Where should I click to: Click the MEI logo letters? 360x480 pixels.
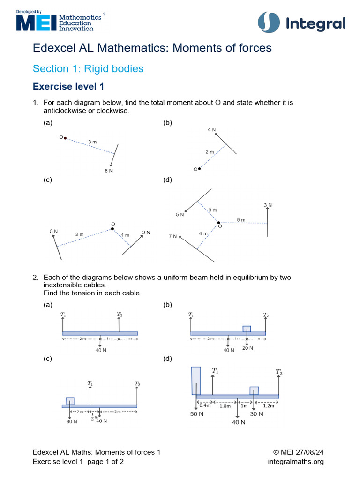point(37,22)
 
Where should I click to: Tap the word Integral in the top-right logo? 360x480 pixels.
point(315,24)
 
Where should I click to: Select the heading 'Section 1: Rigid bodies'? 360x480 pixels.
point(88,69)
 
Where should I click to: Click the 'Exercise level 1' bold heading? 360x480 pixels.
point(68,87)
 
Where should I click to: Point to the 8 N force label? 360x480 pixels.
point(109,171)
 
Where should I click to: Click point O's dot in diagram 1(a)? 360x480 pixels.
point(65,138)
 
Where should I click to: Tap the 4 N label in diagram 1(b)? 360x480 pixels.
point(211,129)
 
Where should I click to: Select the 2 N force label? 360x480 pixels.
point(146,232)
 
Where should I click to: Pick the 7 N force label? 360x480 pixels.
point(173,237)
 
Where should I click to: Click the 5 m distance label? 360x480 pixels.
point(241,220)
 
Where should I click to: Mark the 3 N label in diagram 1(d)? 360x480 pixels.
point(268,205)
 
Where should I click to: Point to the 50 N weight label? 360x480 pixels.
point(196,414)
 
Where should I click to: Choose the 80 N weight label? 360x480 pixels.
point(72,421)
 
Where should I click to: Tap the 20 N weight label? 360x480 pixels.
point(247,348)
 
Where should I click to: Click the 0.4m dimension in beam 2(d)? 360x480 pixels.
point(205,405)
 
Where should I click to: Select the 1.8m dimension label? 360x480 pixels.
point(225,405)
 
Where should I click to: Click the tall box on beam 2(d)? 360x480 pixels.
point(195,380)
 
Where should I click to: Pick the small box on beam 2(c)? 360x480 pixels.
point(70,401)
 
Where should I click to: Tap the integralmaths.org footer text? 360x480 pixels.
point(296,462)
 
